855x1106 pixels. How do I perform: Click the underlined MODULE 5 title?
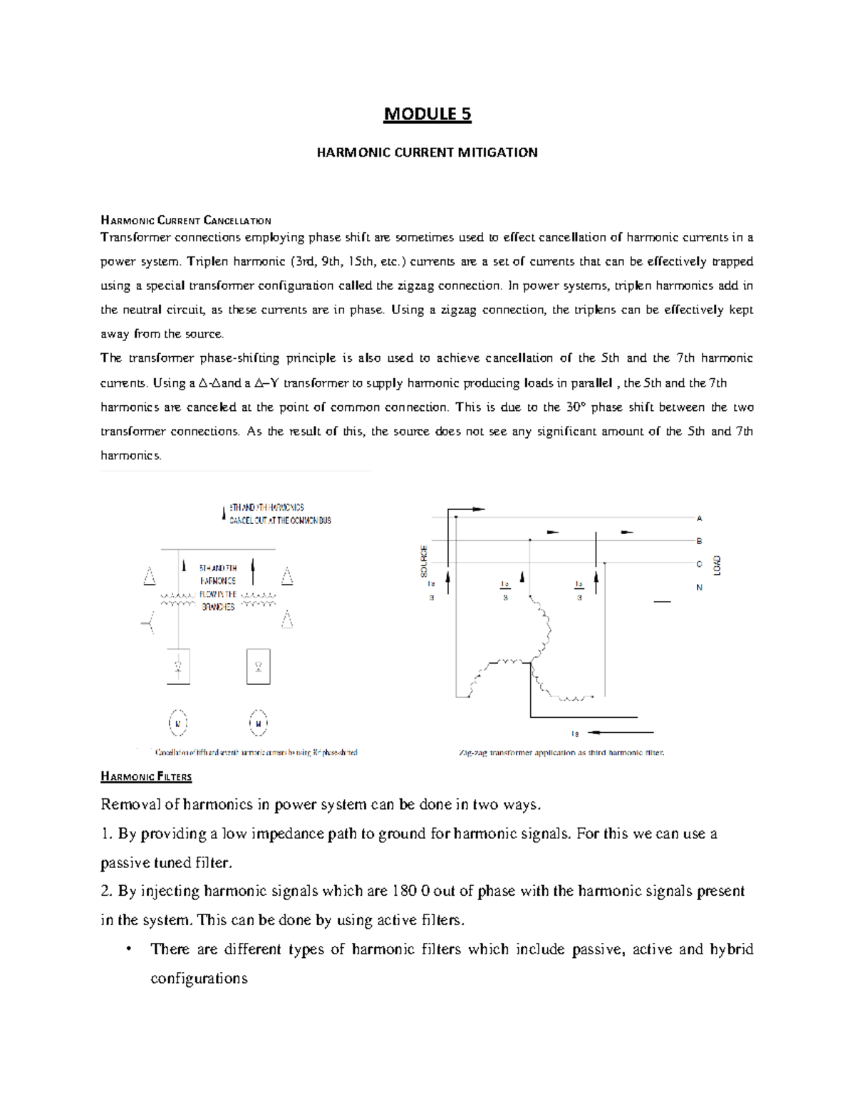coord(427,114)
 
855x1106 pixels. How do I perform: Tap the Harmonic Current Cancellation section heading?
coord(186,221)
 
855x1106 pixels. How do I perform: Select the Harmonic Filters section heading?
coord(146,776)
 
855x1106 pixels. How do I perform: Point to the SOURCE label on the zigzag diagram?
coord(425,560)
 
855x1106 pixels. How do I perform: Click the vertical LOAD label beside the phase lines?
coord(717,565)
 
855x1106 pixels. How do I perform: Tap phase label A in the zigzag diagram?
coord(699,518)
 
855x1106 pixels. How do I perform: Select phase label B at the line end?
coord(699,541)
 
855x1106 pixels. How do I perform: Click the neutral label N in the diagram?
coord(699,588)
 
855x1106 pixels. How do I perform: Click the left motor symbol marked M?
coord(178,724)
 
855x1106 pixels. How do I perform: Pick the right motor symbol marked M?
coord(258,724)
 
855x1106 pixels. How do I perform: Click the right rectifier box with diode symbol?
coord(258,666)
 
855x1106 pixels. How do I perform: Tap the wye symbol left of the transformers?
coord(148,625)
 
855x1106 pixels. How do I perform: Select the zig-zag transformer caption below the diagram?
coord(561,752)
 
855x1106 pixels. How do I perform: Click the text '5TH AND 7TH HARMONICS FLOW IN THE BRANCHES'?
coord(217,588)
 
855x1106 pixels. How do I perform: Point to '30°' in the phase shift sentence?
coord(576,407)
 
